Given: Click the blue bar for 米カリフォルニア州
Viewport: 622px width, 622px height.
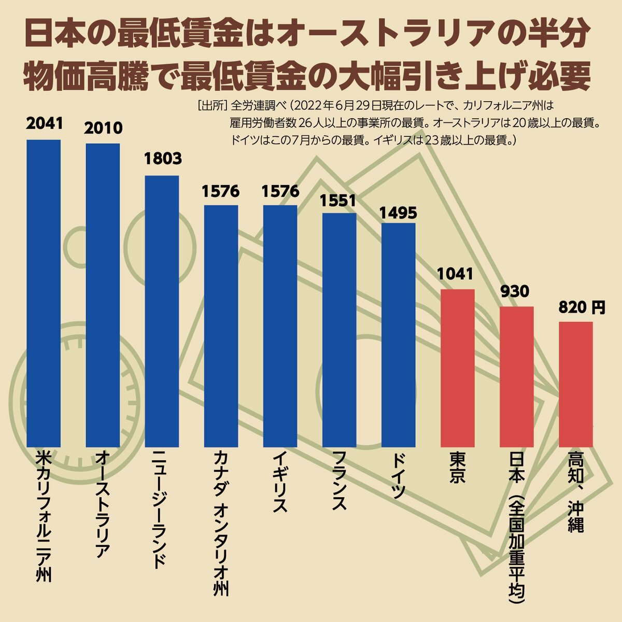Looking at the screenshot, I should pos(44,293).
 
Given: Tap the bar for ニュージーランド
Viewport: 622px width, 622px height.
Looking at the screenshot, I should pos(162,311).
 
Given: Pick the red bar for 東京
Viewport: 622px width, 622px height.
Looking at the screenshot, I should pos(458,368).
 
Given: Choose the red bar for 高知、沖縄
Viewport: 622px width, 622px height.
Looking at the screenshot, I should pos(575,384).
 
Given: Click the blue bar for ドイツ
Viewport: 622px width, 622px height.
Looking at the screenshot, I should pos(399,334).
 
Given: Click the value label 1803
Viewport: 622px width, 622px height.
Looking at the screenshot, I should pos(162,159).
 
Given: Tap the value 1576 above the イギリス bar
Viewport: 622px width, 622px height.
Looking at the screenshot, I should pos(280,191).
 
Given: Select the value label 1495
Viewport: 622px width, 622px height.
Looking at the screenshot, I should pos(398,213).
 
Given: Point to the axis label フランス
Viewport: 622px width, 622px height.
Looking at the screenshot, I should pos(339,482).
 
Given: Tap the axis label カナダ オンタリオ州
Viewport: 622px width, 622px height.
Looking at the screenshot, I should pos(221,524).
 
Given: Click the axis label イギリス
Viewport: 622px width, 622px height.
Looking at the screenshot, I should pos(280,482).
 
